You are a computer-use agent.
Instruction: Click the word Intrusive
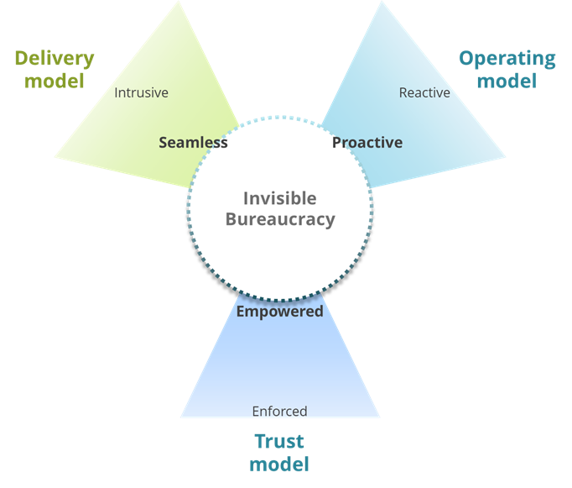(x=141, y=92)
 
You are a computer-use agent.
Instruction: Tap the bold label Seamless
(x=193, y=142)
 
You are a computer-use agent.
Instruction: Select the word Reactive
(x=424, y=92)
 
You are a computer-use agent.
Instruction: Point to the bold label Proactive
(x=367, y=142)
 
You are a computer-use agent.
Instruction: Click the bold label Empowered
(x=279, y=312)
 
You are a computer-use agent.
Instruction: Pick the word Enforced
(x=279, y=411)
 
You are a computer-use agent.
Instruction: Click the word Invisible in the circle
(x=279, y=198)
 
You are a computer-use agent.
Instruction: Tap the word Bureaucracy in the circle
(x=279, y=220)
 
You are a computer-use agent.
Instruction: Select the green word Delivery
(x=55, y=59)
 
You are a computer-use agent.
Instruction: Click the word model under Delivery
(x=55, y=81)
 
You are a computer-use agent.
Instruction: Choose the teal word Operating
(x=507, y=59)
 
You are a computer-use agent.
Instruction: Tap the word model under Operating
(x=507, y=81)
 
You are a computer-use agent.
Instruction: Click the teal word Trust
(x=279, y=441)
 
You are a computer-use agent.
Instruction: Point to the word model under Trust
(x=279, y=464)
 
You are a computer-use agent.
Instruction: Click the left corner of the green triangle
(x=55, y=156)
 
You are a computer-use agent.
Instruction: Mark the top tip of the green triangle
(x=180, y=2)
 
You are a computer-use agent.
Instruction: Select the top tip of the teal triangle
(x=382, y=2)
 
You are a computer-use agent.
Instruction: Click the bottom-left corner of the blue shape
(x=181, y=417)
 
